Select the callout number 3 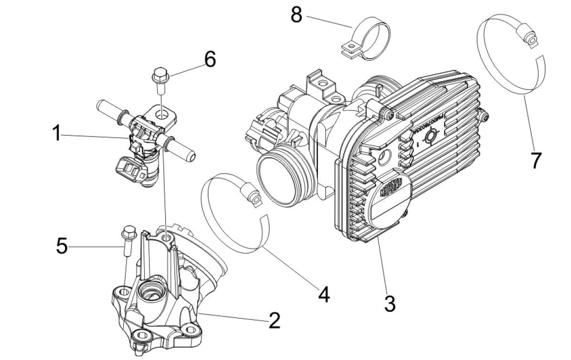pyautogui.click(x=390, y=303)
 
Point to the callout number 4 pyautogui.click(x=323, y=294)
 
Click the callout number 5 pyautogui.click(x=62, y=246)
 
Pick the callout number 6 pyautogui.click(x=210, y=60)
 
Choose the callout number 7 pyautogui.click(x=536, y=161)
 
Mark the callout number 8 pyautogui.click(x=296, y=15)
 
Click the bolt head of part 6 pyautogui.click(x=159, y=75)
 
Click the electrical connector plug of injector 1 pyautogui.click(x=128, y=168)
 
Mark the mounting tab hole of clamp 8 pyautogui.click(x=350, y=47)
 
